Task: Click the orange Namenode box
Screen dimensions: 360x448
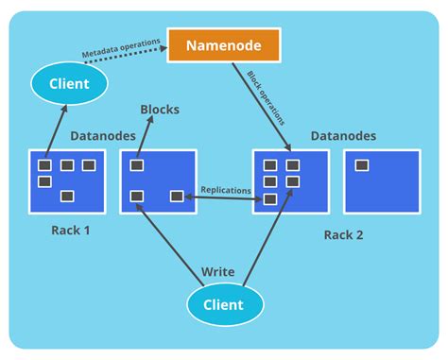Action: pos(223,45)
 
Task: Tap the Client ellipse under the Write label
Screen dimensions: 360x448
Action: pos(222,304)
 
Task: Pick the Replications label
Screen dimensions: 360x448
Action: pos(226,190)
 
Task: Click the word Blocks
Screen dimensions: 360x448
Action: pos(160,110)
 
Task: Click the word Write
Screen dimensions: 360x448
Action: pos(218,272)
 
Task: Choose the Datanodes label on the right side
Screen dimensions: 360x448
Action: pos(343,136)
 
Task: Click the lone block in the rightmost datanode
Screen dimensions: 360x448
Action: pos(361,165)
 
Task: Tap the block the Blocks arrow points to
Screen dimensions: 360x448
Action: pos(137,165)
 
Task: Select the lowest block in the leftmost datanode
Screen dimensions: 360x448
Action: pos(66,197)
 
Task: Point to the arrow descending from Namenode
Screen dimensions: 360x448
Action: pos(261,104)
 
